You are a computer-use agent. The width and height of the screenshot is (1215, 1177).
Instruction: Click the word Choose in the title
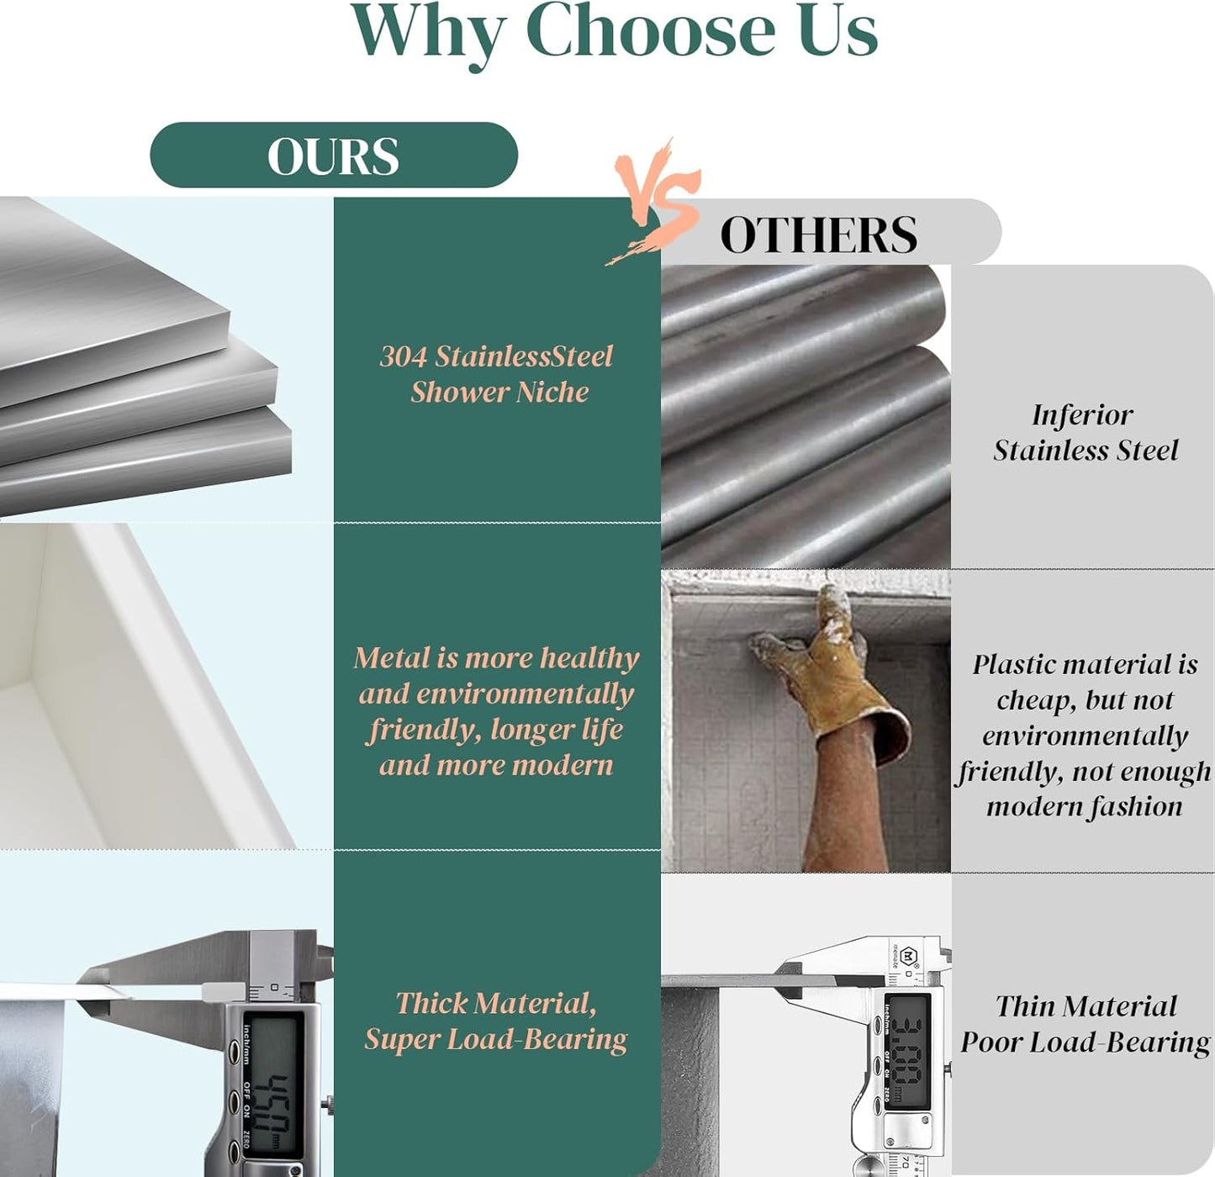coord(651,30)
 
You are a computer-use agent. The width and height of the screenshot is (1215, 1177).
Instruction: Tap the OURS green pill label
coord(334,155)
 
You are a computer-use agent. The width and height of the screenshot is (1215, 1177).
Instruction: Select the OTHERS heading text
coord(818,235)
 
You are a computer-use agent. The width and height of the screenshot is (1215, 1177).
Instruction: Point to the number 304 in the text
coord(404,356)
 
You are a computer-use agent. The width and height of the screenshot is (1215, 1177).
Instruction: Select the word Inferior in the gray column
coord(1082,415)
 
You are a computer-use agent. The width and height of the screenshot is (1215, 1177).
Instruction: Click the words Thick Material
coord(496,1004)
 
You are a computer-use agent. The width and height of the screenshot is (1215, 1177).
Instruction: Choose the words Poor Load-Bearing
coord(1086,1042)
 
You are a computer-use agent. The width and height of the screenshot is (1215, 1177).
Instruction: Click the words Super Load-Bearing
coord(496,1040)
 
